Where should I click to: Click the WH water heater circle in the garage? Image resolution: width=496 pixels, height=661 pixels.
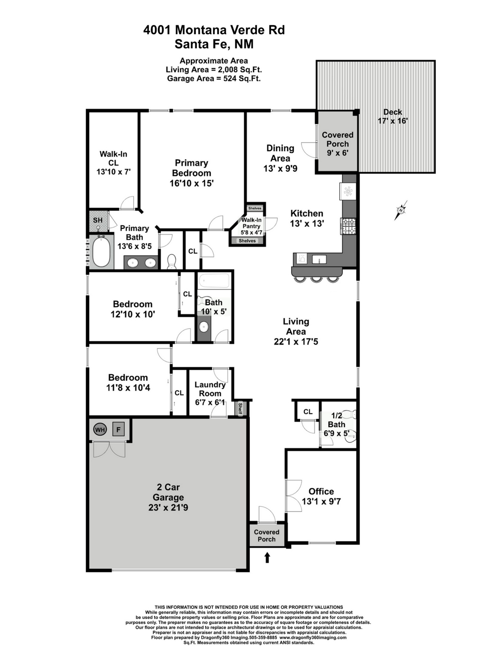tap(100, 430)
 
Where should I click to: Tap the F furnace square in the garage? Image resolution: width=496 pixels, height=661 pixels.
tap(118, 430)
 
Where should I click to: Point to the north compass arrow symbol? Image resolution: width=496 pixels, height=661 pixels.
tap(401, 210)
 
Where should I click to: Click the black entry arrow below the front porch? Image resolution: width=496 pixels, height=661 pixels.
tap(267, 558)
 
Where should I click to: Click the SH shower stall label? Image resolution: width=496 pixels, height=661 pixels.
tap(98, 220)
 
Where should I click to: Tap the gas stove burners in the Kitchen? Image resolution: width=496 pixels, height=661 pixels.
tap(349, 226)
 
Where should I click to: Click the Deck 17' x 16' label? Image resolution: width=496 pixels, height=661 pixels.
tap(393, 116)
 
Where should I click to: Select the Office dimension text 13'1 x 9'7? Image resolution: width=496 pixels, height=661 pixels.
tap(321, 501)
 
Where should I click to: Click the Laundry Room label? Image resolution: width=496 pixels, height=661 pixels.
tap(210, 389)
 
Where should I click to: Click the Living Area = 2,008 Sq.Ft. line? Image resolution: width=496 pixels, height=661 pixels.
tap(214, 70)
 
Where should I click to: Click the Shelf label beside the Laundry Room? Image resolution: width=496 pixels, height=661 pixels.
tap(240, 408)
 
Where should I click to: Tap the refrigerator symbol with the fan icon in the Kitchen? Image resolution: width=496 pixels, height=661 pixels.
tap(348, 191)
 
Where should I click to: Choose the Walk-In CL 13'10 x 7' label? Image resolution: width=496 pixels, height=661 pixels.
tap(113, 163)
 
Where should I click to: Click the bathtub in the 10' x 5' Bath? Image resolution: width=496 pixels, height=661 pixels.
tap(214, 281)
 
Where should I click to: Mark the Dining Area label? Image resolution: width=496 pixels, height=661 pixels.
tap(280, 153)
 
